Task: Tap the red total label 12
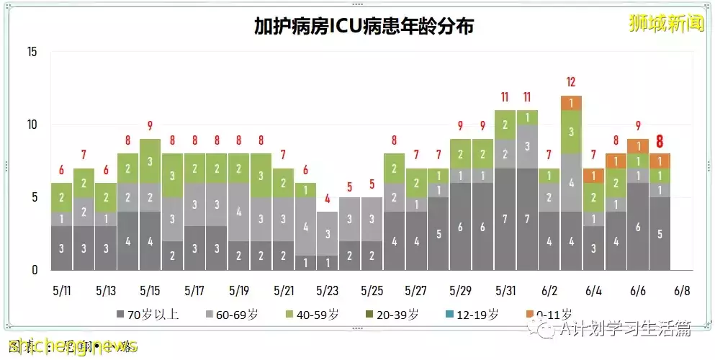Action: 571,82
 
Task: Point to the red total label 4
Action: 327,199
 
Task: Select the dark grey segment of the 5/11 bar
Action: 61,248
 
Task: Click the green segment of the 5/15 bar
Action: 150,161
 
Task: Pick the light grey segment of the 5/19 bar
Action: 238,212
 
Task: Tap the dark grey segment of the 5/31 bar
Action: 505,220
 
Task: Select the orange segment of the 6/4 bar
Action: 593,176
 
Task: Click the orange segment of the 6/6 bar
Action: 637,146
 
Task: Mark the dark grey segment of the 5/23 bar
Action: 327,263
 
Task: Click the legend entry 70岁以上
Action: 147,314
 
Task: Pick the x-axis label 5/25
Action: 372,292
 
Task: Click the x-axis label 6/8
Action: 682,292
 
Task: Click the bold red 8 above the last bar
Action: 660,141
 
